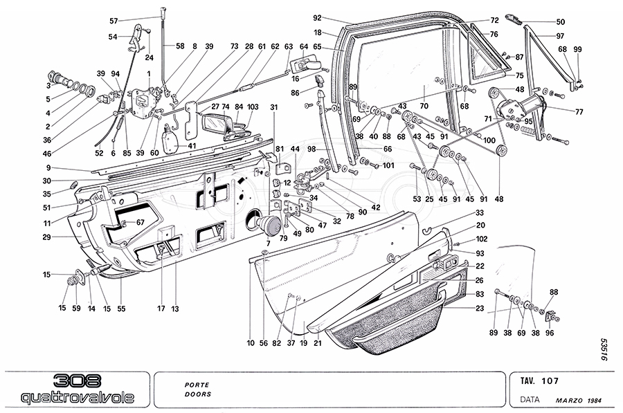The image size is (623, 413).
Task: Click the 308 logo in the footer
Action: pos(76,380)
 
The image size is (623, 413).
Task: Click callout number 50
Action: pos(560,22)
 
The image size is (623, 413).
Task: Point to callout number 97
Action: pos(560,35)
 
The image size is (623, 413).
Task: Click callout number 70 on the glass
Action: pos(424,107)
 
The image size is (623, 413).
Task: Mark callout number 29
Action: pos(65,237)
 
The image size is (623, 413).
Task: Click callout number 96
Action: pos(550,332)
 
